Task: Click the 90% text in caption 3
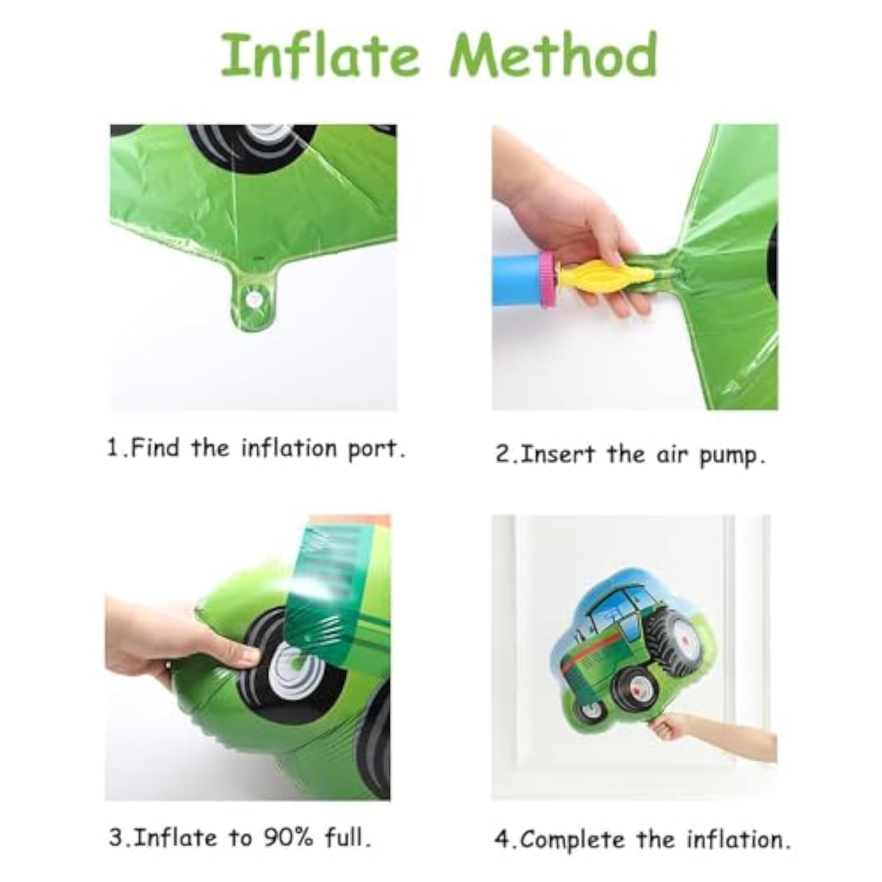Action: pos(286,837)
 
